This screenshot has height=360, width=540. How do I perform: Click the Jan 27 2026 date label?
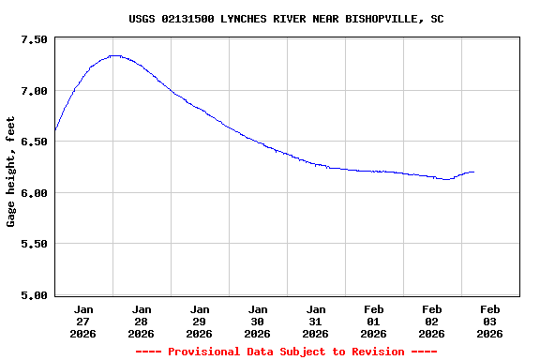tap(83, 321)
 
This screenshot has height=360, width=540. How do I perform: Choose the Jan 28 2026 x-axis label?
tap(142, 321)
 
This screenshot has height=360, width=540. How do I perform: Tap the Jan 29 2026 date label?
tap(200, 321)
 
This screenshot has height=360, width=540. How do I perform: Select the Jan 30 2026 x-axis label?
tap(258, 321)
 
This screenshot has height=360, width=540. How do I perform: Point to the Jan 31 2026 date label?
tap(316, 321)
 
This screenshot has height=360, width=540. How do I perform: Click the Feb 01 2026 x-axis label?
tap(374, 321)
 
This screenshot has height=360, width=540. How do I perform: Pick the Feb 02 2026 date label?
tap(432, 321)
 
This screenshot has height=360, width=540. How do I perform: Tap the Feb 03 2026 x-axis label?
tap(490, 321)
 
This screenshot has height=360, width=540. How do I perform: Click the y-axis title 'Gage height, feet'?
tap(11, 172)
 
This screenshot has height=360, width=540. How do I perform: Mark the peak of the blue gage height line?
tap(114, 55)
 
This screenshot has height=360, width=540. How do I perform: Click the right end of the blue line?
tap(473, 172)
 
